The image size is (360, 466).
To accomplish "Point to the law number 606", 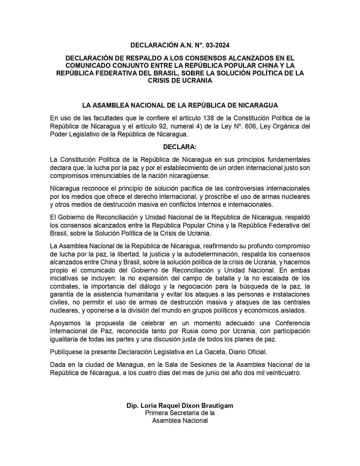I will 259,126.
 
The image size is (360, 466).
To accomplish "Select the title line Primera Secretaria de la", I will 180,413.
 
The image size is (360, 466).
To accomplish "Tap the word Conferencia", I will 291,323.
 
